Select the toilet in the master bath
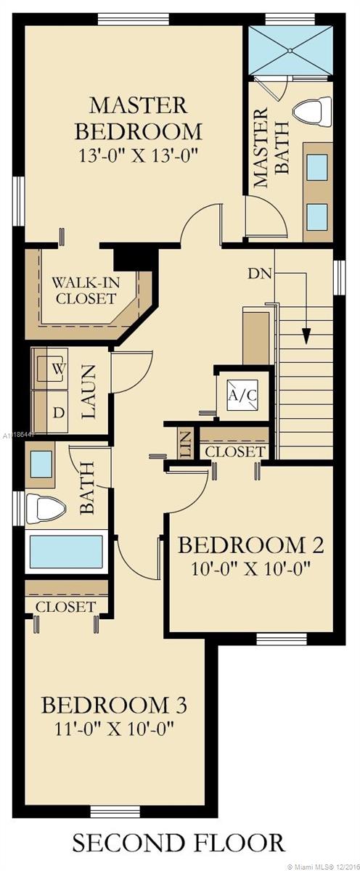click(310, 115)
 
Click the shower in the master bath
click(290, 51)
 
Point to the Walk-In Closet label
click(85, 289)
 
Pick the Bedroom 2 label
click(250, 544)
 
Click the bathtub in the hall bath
click(65, 552)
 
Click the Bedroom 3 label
click(115, 704)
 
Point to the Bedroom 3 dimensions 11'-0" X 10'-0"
click(115, 727)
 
